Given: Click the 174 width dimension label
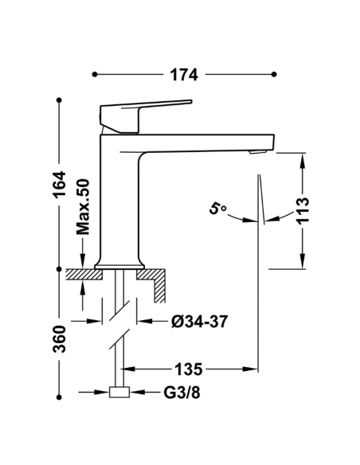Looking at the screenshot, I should tap(184, 74).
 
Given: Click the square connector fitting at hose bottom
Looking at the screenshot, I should tap(120, 393).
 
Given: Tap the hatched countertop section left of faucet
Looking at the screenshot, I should tap(84, 274).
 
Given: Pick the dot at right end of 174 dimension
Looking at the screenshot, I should tap(275, 74).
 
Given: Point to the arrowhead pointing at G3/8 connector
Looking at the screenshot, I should tap(136, 393).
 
